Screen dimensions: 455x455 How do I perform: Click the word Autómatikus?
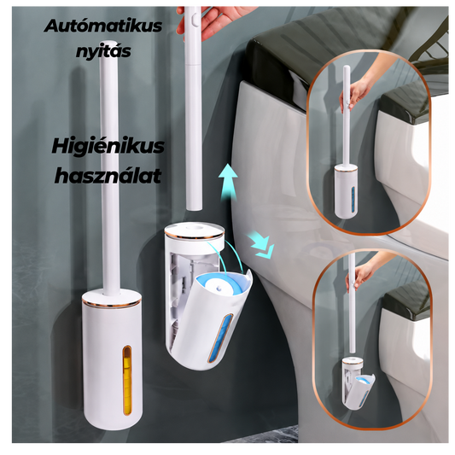point(103,26)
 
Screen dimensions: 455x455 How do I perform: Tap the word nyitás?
point(103,50)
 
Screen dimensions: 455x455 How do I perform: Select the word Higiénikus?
point(108,146)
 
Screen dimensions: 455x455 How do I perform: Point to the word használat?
point(108,175)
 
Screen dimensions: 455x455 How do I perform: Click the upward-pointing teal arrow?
point(228,181)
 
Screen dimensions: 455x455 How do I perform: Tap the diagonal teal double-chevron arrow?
point(260,243)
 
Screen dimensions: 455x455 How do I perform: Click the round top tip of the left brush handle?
point(108,44)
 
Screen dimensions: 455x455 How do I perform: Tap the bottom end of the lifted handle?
point(194,207)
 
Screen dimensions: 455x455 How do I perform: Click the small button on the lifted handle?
point(195,20)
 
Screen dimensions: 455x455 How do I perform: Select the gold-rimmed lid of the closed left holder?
point(112,298)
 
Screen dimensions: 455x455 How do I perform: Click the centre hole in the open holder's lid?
point(194,225)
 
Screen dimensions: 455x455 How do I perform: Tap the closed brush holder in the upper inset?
point(346,191)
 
